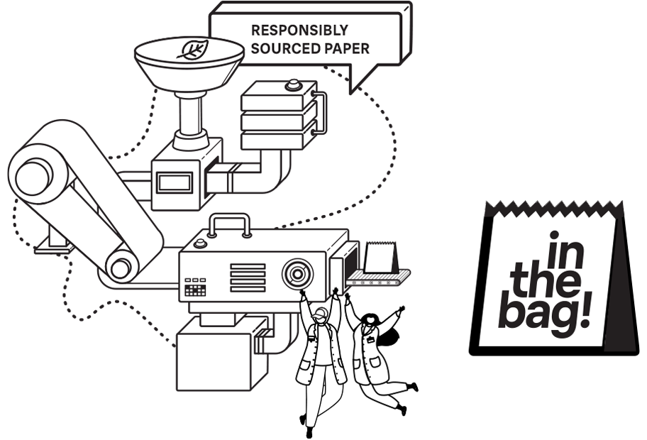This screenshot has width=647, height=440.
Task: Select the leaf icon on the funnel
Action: pyautogui.click(x=192, y=50)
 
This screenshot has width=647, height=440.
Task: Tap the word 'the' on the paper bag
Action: pyautogui.click(x=545, y=280)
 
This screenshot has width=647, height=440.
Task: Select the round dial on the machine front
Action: pyautogui.click(x=297, y=273)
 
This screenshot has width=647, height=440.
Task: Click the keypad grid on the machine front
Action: pyautogui.click(x=195, y=290)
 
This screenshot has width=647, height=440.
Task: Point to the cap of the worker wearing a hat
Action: pyautogui.click(x=321, y=312)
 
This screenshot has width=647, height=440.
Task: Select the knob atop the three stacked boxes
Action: pyautogui.click(x=292, y=87)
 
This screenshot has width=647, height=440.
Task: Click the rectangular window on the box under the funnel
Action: pyautogui.click(x=174, y=183)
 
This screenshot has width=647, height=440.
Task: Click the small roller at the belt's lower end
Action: pyautogui.click(x=122, y=268)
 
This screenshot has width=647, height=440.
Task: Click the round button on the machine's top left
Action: pyautogui.click(x=200, y=243)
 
